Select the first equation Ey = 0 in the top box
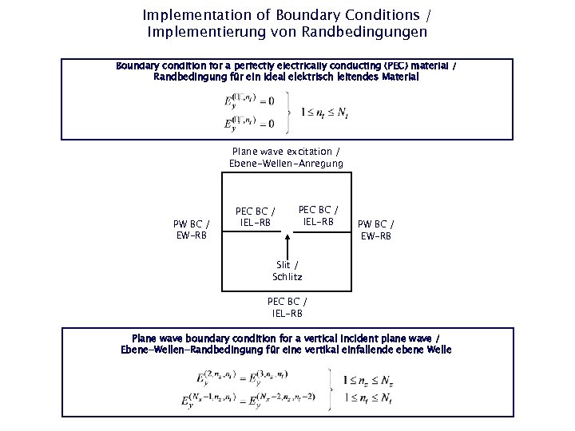tap(248, 101)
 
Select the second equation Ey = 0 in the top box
tap(248, 123)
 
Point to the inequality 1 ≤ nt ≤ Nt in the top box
tap(324, 113)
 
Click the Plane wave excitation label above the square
tap(286, 152)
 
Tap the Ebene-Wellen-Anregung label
tap(286, 164)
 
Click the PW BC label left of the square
tap(192, 230)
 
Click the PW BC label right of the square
tap(375, 230)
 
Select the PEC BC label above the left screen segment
tap(256, 216)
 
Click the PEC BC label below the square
tap(287, 307)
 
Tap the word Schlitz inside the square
tap(287, 277)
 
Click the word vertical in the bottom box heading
tap(307, 338)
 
